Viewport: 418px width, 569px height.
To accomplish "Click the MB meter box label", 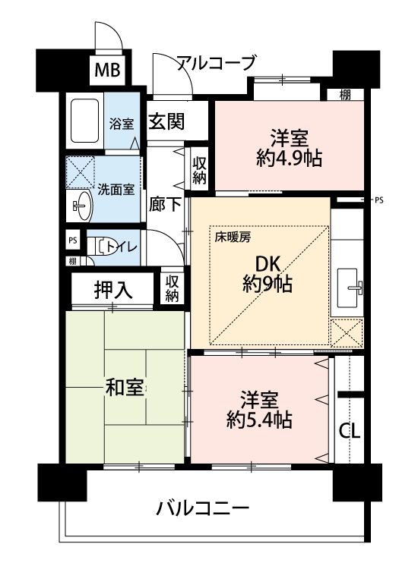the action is [108, 71].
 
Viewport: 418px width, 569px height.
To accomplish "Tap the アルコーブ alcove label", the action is [217, 63].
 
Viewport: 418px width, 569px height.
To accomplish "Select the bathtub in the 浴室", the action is [84, 121].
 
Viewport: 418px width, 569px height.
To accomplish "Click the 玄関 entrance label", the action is [167, 121].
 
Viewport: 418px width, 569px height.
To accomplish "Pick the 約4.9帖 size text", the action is [290, 159].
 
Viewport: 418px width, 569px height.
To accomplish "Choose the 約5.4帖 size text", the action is [259, 420].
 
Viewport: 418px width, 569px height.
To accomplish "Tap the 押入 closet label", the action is [113, 290].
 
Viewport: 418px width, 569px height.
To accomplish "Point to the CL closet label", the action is [350, 431].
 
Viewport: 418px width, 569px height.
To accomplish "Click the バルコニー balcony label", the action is [203, 508].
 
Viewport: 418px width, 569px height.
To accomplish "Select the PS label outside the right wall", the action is [379, 200].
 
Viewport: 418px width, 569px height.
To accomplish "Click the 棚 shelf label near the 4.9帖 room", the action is [345, 95].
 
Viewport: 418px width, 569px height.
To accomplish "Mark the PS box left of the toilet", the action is [73, 240].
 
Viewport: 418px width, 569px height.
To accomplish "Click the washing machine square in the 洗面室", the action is [81, 171].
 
